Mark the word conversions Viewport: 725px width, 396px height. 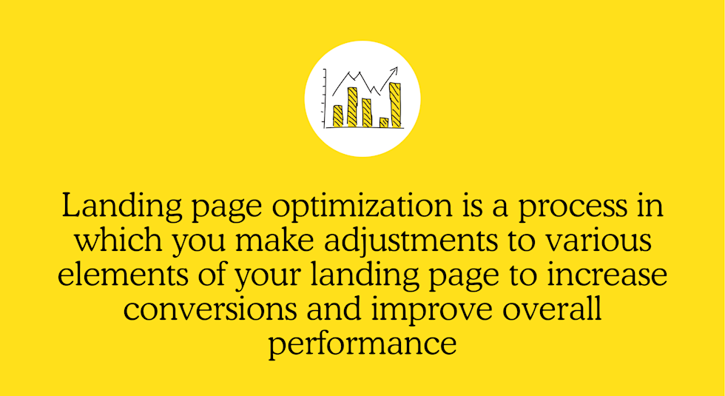(x=210, y=309)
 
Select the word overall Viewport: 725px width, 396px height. (x=552, y=309)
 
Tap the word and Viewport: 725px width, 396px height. (x=334, y=309)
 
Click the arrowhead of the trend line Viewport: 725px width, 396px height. (x=394, y=70)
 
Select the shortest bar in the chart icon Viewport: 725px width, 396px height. (x=384, y=123)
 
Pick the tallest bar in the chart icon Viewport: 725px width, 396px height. (x=395, y=104)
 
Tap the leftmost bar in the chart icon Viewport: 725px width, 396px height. (x=338, y=116)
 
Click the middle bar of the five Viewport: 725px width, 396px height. (x=367, y=113)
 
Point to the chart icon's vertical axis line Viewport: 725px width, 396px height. (x=325, y=98)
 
